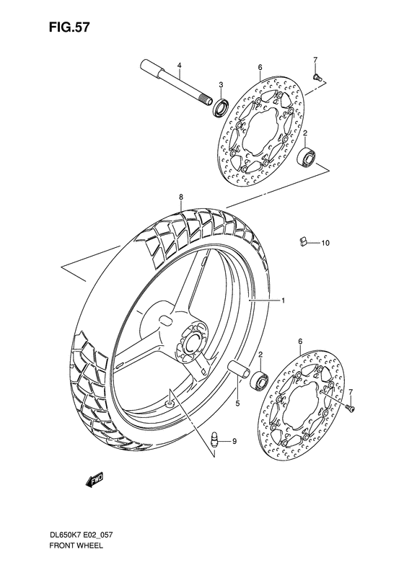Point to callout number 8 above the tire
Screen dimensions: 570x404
click(x=181, y=196)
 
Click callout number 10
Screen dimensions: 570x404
click(x=325, y=243)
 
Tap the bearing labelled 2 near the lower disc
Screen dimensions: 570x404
click(x=261, y=380)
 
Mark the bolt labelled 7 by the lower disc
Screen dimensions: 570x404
click(x=350, y=408)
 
